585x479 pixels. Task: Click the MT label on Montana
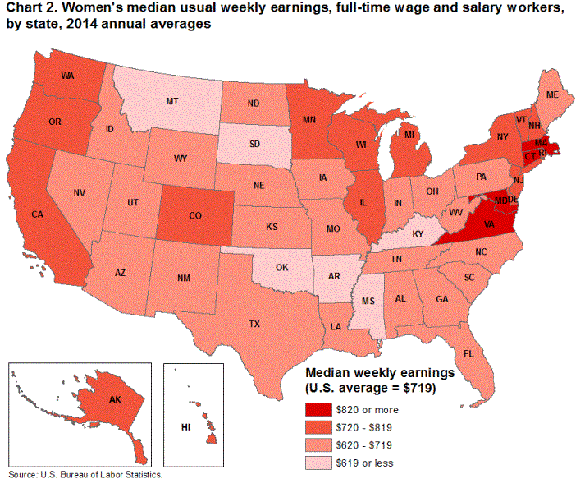coord(172,101)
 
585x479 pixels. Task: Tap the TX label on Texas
coord(255,325)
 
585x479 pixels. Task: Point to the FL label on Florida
coord(468,353)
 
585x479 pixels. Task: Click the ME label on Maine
coord(552,95)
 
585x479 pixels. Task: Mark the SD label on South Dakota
coord(254,143)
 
